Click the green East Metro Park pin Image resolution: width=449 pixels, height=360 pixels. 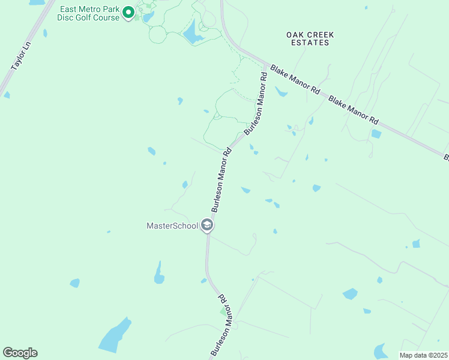[128, 12]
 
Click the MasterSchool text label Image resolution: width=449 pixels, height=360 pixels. [172, 226]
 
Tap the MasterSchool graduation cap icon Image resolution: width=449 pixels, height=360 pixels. [207, 226]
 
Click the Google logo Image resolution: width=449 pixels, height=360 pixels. [20, 353]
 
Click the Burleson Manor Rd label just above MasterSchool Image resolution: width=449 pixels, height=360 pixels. [220, 180]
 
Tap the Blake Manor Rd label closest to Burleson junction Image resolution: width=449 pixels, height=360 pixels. [294, 79]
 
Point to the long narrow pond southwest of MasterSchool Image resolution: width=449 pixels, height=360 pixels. [159, 273]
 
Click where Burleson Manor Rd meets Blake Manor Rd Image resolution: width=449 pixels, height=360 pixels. [266, 64]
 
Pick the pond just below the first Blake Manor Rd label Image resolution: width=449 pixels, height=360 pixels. [281, 92]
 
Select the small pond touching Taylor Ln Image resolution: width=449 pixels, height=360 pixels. [6, 95]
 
